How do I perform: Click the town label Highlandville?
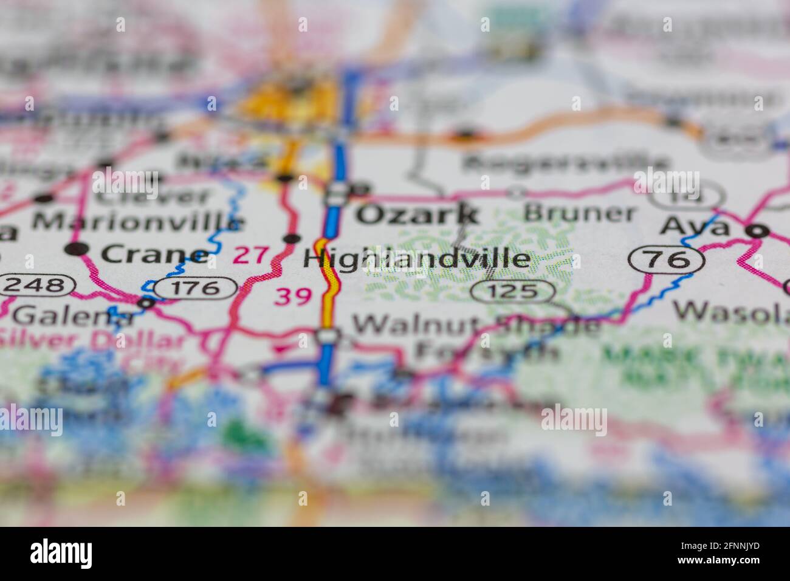(416, 260)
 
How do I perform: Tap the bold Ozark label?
(417, 214)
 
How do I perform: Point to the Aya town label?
(695, 227)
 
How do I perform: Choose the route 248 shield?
(38, 284)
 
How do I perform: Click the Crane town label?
(154, 254)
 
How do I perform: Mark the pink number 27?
(250, 255)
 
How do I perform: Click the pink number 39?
(293, 297)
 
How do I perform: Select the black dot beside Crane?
(78, 249)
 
